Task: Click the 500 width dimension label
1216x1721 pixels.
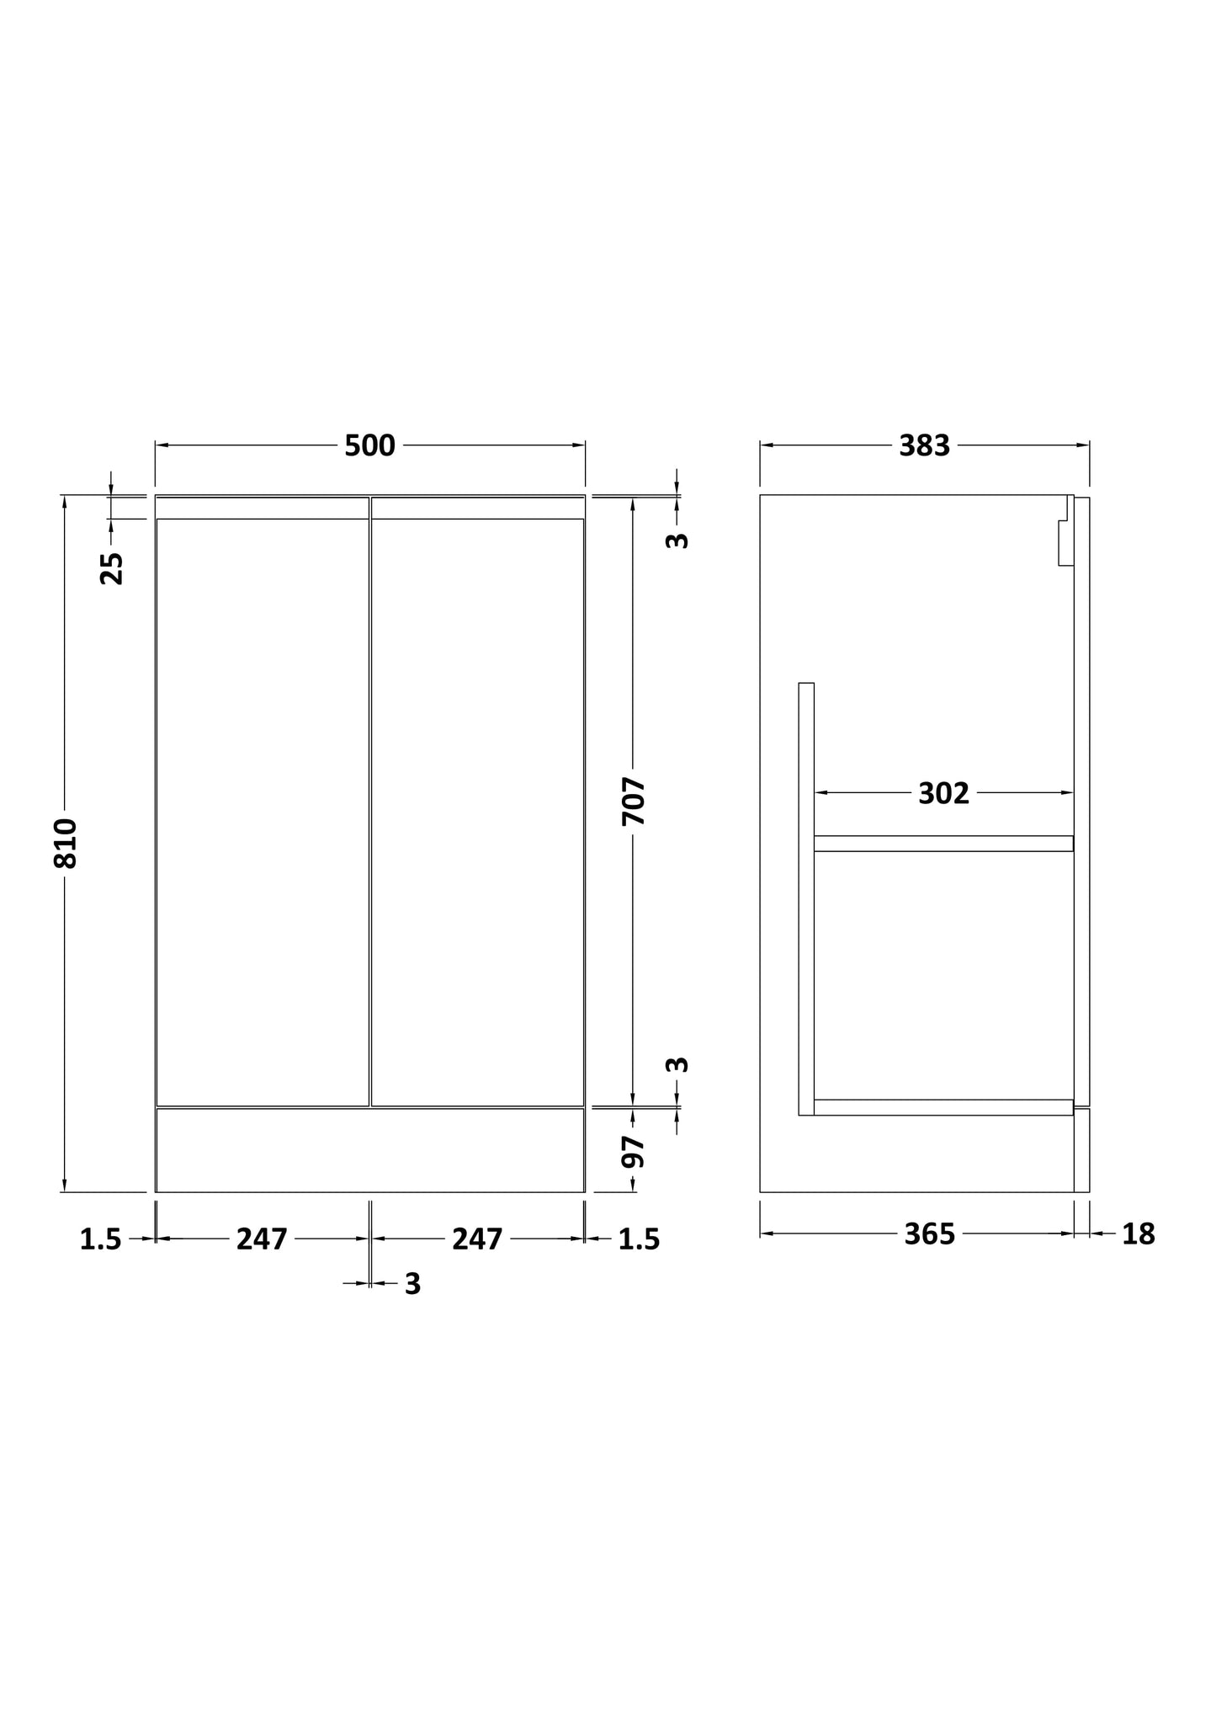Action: click(369, 446)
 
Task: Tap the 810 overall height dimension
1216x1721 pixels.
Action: click(66, 843)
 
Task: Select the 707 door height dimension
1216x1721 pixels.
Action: click(634, 801)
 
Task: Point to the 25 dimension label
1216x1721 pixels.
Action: click(112, 567)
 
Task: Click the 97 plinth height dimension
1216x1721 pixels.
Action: click(634, 1151)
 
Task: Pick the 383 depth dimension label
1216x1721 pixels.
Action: click(924, 446)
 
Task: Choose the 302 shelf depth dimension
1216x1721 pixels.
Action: click(943, 793)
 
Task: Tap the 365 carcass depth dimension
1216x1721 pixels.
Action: click(929, 1234)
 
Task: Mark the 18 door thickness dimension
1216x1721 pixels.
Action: click(1138, 1234)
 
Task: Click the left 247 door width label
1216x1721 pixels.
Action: click(262, 1239)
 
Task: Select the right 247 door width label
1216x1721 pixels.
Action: click(477, 1239)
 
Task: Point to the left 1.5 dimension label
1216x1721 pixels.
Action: click(101, 1239)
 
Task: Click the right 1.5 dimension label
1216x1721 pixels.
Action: click(639, 1239)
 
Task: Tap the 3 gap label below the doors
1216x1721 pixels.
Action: click(412, 1284)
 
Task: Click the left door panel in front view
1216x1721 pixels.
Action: click(263, 812)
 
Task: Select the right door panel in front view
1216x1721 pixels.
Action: click(477, 812)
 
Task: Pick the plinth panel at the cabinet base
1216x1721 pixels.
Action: click(369, 1150)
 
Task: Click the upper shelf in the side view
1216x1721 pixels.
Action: click(943, 844)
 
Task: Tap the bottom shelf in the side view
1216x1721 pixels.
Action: click(943, 1107)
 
